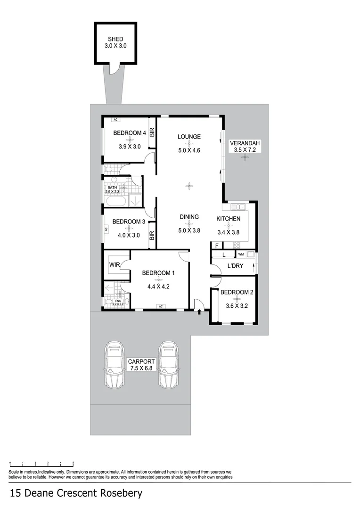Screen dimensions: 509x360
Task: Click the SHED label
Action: (115, 39)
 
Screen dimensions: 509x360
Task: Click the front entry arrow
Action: (200, 311)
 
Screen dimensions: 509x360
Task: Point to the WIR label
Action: (115, 265)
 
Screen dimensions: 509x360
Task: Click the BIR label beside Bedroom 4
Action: (152, 133)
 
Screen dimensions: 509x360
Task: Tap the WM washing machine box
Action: (241, 254)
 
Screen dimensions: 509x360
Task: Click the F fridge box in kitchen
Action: (217, 245)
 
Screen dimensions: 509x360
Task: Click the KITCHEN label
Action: (229, 219)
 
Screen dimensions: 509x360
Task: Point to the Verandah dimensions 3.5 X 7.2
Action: (245, 150)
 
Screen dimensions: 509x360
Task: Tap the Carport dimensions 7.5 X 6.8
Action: (140, 368)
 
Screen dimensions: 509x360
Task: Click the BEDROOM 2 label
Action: (237, 292)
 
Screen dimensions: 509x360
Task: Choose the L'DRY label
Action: (235, 266)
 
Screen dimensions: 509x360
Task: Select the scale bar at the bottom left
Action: (41, 464)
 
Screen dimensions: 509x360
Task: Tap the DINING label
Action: (189, 217)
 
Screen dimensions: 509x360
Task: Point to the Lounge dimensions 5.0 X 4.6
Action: (189, 151)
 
